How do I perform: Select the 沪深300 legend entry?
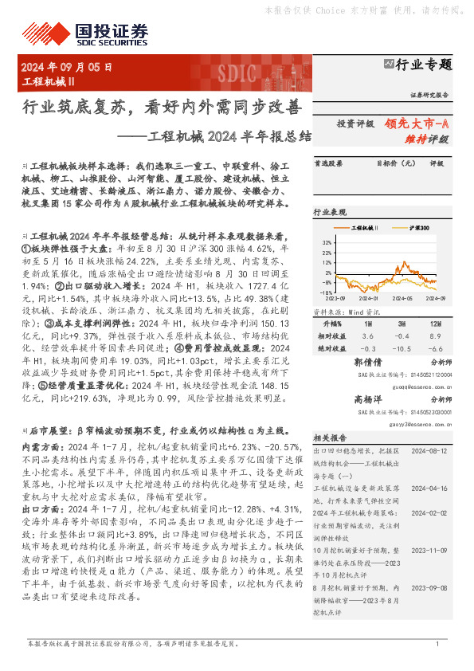[417, 228]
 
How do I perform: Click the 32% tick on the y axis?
[326, 240]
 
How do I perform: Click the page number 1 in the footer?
[437, 643]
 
